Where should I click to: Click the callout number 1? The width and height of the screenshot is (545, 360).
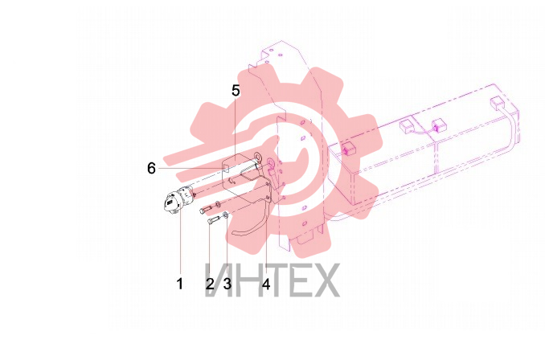click(180, 284)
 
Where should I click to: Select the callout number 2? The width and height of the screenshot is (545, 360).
click(210, 284)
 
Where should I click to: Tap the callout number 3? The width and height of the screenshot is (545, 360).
click(227, 284)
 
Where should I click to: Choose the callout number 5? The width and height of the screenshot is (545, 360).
click(236, 90)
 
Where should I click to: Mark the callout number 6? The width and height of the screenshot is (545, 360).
click(151, 168)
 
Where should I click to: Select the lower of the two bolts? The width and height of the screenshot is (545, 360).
click(213, 220)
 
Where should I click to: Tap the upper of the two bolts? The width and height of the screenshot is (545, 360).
click(206, 210)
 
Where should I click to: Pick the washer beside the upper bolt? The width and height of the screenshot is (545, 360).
click(217, 203)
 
